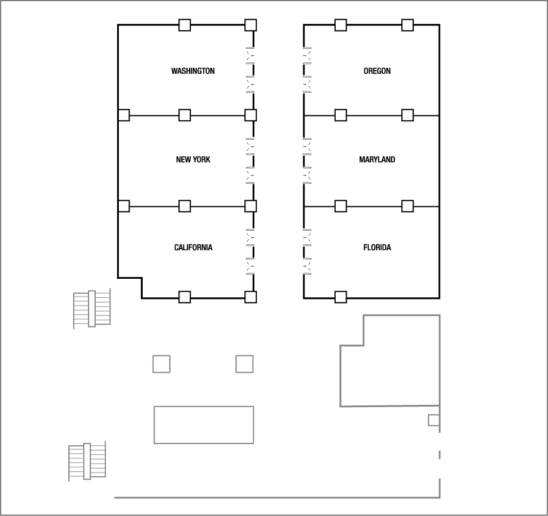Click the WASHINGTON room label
tap(193, 71)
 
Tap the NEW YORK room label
tap(193, 160)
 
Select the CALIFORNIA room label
tap(193, 248)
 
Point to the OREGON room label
tap(377, 71)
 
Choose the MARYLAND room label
tap(377, 160)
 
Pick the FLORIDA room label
tap(377, 248)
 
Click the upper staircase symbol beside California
tap(92, 309)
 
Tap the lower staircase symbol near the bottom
tap(87, 461)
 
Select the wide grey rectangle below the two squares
tap(204, 424)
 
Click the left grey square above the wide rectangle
tap(161, 364)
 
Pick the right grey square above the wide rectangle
tap(244, 364)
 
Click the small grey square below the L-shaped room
tap(434, 420)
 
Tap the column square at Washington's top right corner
tap(250, 25)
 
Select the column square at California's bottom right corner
tap(250, 297)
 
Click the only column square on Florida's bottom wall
tap(341, 297)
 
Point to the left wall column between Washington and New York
tap(124, 115)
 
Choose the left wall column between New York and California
tap(124, 206)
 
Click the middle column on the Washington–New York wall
tap(185, 115)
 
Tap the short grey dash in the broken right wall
tap(439, 455)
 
